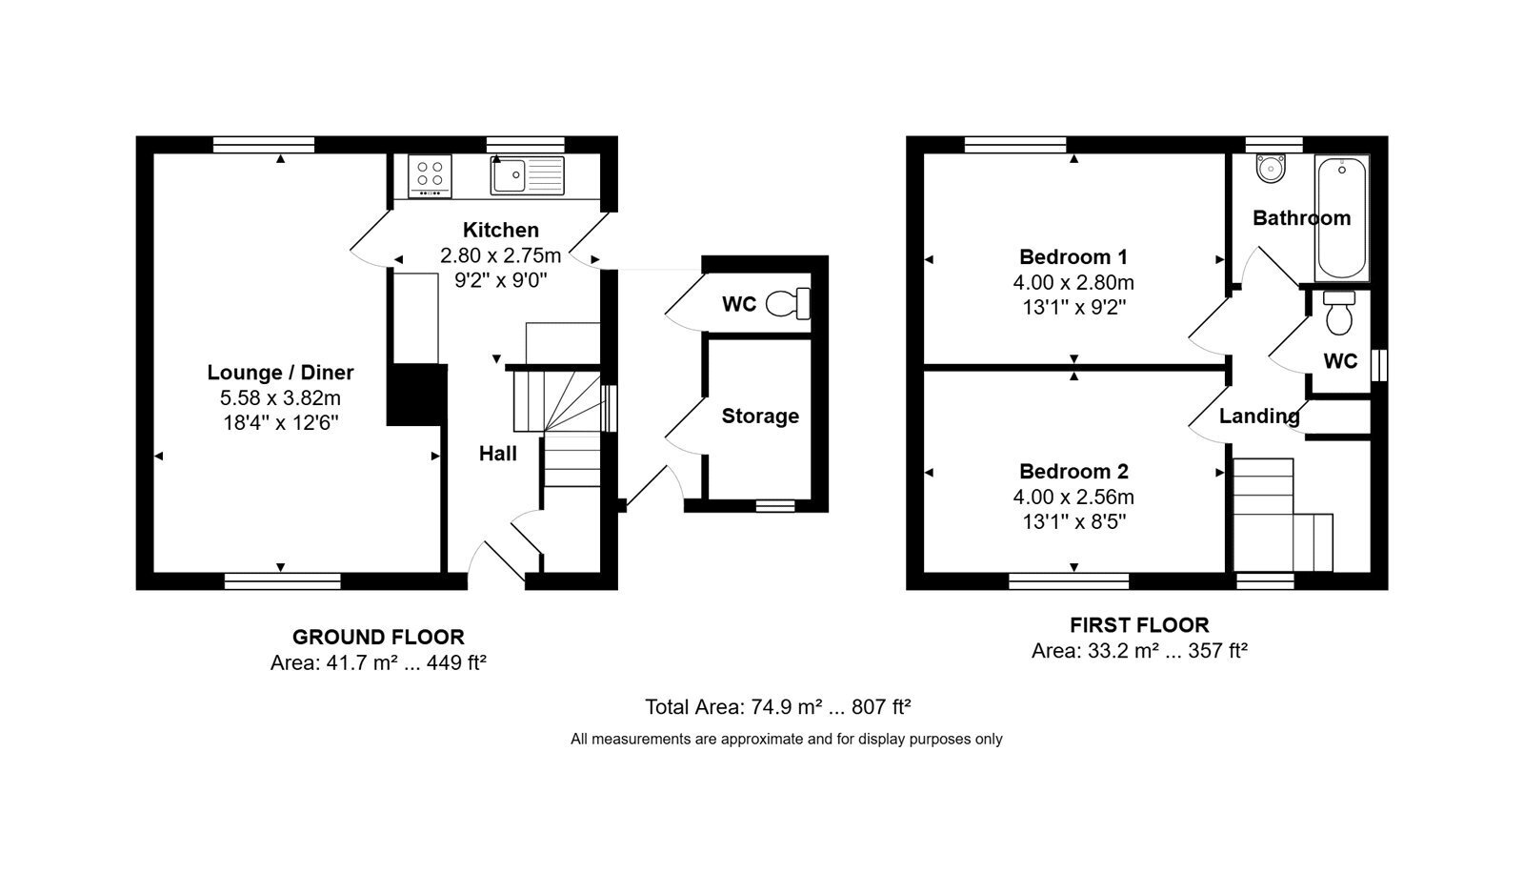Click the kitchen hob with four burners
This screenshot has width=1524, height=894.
(430, 176)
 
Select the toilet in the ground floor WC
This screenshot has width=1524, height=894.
(789, 304)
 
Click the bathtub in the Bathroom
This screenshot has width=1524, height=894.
(1341, 218)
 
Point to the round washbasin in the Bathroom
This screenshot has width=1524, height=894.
(1271, 168)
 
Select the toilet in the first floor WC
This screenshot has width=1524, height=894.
(1339, 314)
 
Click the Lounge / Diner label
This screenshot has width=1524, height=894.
(280, 373)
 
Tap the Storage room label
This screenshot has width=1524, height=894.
(760, 416)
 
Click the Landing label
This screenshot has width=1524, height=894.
(1258, 416)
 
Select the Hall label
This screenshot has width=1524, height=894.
(498, 454)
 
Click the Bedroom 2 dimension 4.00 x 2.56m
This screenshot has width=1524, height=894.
(1073, 498)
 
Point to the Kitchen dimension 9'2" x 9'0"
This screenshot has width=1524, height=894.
(501, 280)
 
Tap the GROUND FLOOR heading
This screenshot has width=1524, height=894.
(378, 638)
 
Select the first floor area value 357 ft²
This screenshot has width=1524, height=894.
(1218, 651)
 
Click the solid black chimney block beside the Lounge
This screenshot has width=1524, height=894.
(417, 395)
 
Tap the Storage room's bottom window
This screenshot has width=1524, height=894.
(775, 506)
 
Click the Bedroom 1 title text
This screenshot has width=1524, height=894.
(1073, 256)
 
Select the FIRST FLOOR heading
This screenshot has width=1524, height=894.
(1139, 625)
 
